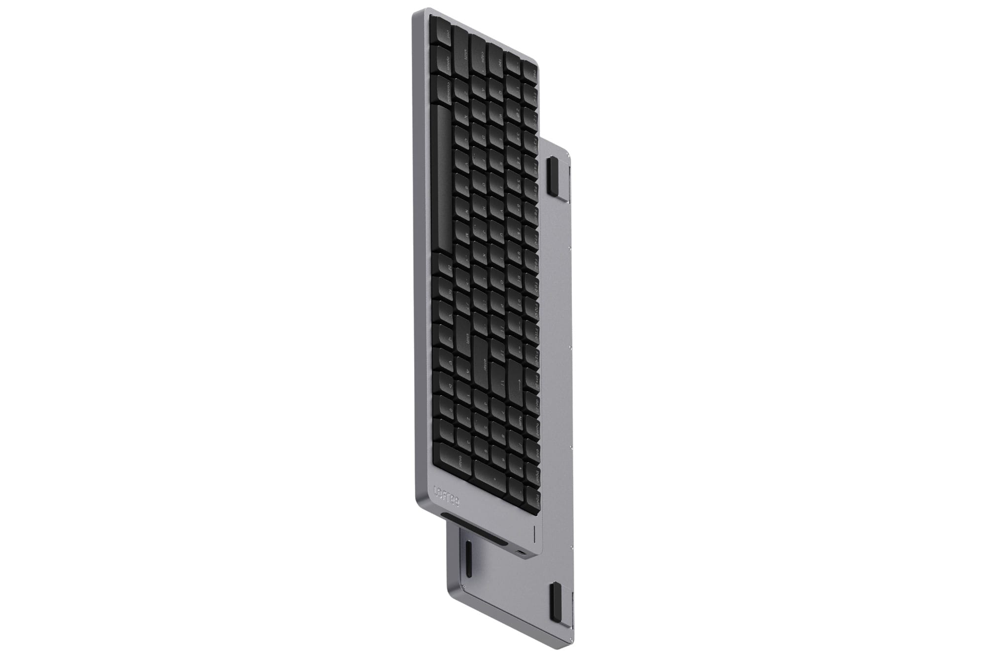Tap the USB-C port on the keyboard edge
coord(522,552)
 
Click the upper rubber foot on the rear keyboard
coord(552,175)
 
